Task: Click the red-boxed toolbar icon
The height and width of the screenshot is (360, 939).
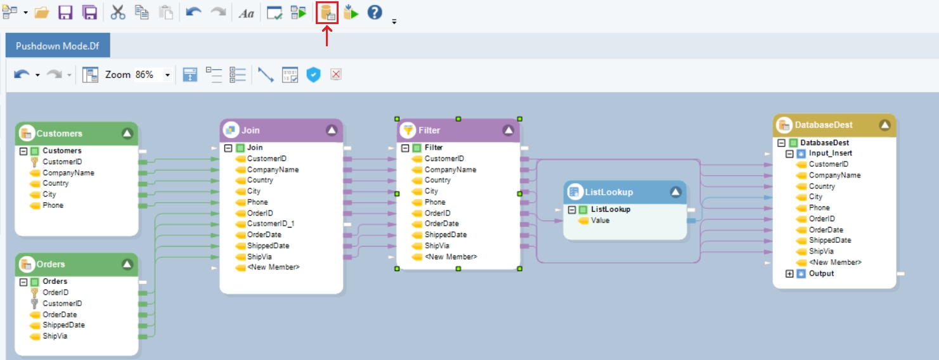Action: point(327,13)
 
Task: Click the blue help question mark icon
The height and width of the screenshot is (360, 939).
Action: point(375,12)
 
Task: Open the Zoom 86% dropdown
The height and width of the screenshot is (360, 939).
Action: point(167,75)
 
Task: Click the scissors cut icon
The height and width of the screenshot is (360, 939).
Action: point(118,13)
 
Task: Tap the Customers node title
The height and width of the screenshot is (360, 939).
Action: point(59,134)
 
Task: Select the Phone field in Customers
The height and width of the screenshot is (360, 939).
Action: point(53,205)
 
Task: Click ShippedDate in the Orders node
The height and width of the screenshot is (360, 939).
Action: point(63,325)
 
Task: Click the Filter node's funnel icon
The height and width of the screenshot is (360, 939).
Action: point(407,130)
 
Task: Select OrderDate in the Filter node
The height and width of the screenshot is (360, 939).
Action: point(441,224)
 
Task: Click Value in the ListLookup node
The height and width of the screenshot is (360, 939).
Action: point(600,221)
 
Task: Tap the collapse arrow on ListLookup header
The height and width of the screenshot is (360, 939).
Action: point(675,192)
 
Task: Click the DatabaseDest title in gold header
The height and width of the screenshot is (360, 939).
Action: point(824,125)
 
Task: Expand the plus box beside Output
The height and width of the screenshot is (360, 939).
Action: point(789,274)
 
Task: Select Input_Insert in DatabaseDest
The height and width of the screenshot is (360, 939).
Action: point(830,153)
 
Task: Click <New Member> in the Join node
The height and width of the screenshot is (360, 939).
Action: point(273,267)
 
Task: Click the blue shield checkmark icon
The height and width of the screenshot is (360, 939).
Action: point(313,75)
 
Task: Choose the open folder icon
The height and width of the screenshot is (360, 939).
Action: point(41,13)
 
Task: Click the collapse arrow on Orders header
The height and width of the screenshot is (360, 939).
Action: point(127,264)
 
